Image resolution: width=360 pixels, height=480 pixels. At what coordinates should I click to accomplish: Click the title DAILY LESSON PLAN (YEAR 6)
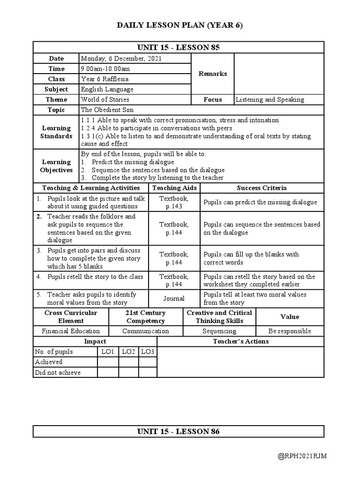coord(180,25)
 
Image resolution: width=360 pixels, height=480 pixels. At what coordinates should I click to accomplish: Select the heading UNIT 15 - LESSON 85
coord(178,47)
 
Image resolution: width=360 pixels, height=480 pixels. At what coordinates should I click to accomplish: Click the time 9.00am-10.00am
coord(105,69)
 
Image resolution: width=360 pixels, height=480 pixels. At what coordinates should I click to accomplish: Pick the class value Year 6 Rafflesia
coord(105,79)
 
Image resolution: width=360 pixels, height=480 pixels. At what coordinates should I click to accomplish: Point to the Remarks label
coord(212,74)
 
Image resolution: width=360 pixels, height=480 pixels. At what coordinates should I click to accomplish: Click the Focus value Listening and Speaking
coord(270,99)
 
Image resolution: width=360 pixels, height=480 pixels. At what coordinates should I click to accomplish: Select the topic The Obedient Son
coord(107,110)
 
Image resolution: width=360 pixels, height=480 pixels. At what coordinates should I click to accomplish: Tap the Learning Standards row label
coord(56,132)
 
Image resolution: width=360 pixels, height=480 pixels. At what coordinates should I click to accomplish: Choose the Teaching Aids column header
coord(174,188)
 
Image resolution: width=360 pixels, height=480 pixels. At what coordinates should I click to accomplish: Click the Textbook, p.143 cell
coord(174,202)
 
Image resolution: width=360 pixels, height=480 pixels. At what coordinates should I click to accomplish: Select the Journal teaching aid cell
coord(174,299)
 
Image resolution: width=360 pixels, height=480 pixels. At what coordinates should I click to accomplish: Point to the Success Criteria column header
coord(262,188)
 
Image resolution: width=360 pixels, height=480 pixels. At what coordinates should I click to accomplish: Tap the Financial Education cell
coord(71,331)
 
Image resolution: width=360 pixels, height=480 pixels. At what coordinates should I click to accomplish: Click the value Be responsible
coord(290,331)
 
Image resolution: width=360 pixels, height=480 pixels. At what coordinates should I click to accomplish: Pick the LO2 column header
coord(128,352)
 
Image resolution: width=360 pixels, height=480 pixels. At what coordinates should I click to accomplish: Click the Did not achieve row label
coord(58,373)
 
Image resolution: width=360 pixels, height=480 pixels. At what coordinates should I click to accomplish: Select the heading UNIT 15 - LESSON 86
coord(178,432)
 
